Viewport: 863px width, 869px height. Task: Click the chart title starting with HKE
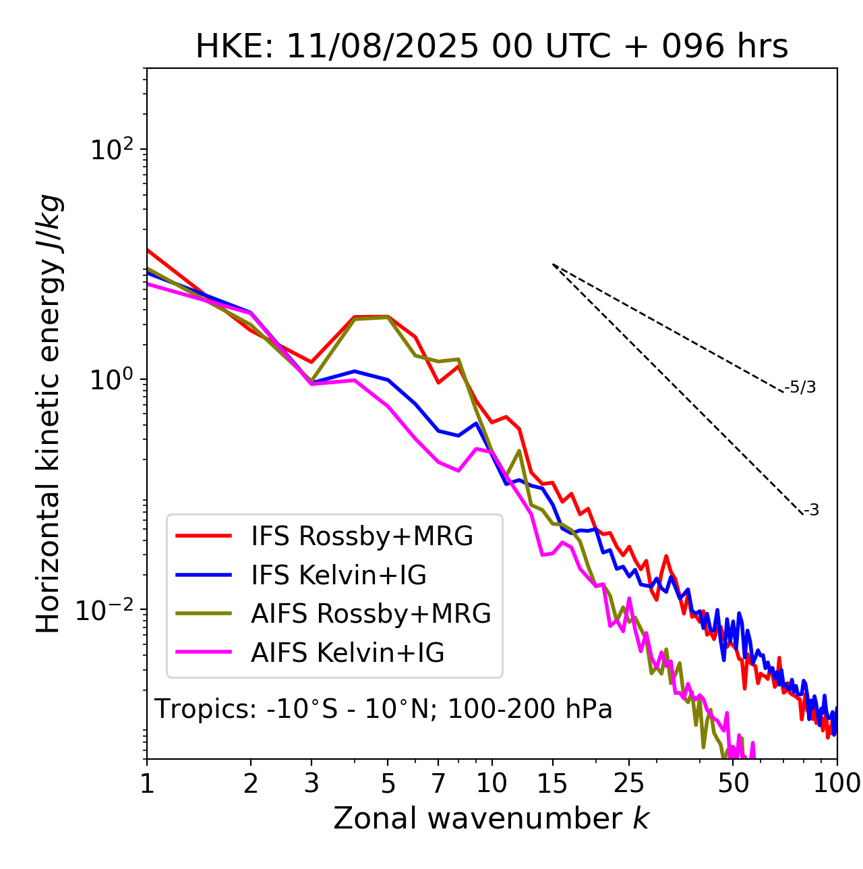click(x=492, y=47)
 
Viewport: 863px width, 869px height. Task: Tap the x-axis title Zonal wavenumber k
click(x=491, y=818)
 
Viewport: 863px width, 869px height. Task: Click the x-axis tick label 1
click(x=147, y=783)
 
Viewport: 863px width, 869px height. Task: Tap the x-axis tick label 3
click(x=311, y=783)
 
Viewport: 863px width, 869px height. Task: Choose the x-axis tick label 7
click(x=438, y=783)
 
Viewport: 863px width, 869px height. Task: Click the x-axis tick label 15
click(x=552, y=783)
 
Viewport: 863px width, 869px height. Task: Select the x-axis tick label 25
click(x=629, y=783)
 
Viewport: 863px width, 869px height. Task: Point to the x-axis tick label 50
click(x=734, y=783)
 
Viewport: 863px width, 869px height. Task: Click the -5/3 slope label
click(x=800, y=387)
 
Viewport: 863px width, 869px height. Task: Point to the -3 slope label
click(x=811, y=511)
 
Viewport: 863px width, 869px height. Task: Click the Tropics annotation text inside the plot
click(x=383, y=709)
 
